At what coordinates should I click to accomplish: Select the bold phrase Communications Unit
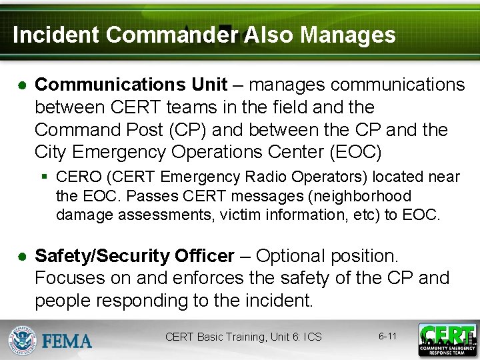[131, 85]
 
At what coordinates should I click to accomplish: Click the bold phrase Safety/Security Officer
[135, 256]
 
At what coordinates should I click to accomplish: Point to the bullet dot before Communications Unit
[22, 85]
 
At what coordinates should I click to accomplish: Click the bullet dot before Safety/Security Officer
[22, 257]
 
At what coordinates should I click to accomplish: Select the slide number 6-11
[387, 336]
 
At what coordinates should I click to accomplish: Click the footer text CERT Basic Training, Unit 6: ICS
[243, 337]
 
